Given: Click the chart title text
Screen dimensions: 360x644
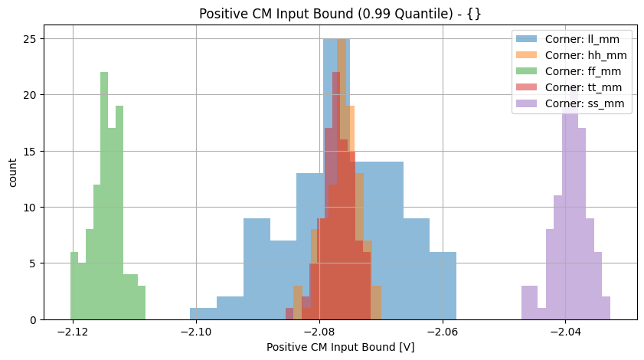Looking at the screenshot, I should (x=340, y=13).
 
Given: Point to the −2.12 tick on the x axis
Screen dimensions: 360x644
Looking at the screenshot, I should (x=73, y=331).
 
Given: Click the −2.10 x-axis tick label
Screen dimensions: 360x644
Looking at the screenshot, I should (x=196, y=331).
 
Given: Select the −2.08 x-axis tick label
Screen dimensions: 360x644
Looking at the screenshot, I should (x=319, y=331).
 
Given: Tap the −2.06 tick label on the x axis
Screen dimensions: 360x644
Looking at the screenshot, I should (x=442, y=331).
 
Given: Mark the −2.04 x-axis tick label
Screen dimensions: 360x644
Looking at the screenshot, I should (x=565, y=331).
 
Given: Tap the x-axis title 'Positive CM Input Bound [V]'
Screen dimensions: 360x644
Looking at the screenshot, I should (x=340, y=347).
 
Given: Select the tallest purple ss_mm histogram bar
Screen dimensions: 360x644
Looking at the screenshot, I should (x=567, y=207).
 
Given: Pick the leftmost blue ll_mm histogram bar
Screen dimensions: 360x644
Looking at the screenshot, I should (x=203, y=314).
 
